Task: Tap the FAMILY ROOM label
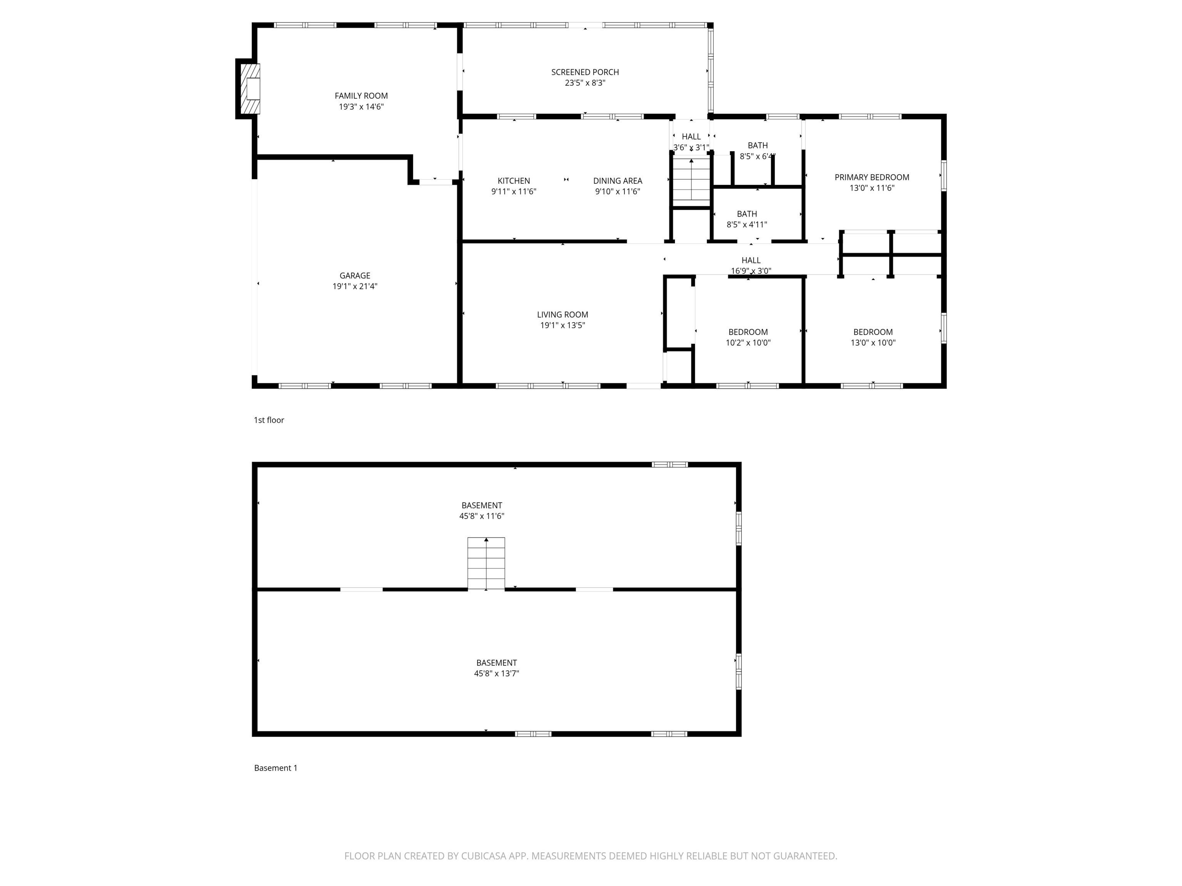(x=361, y=96)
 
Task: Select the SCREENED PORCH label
(x=585, y=72)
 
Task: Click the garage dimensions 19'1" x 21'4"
(x=355, y=286)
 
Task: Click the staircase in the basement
(x=486, y=563)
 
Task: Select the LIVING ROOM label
(x=562, y=315)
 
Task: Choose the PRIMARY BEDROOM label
(x=871, y=177)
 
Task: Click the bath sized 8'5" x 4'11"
(x=746, y=219)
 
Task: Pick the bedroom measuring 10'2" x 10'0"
(x=748, y=337)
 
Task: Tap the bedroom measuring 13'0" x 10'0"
(x=873, y=337)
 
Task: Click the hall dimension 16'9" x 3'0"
(x=751, y=271)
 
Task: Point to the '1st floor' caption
(x=269, y=420)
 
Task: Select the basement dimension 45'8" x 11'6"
(x=481, y=516)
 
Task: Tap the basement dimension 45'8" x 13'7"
(x=496, y=673)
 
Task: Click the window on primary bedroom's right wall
(x=944, y=175)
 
